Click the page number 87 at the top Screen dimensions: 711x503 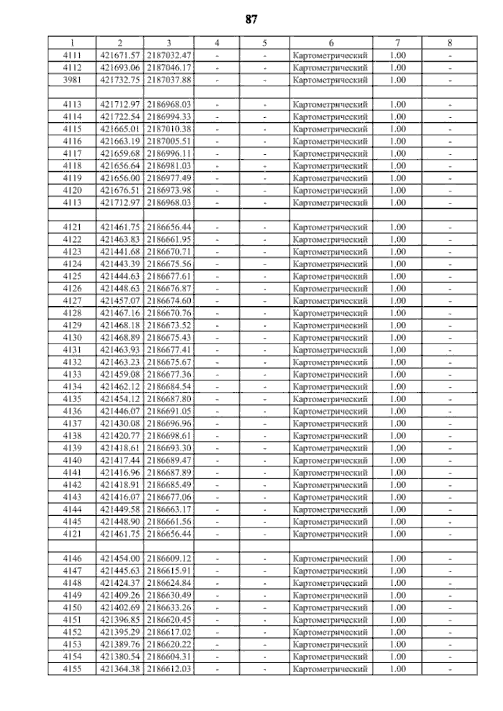pos(251,20)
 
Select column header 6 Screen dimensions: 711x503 pos(331,43)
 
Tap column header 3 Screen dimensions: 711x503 pos(169,43)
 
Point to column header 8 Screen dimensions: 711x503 pos(450,43)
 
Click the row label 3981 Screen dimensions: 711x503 pos(72,80)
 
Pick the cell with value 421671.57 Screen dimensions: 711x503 pos(120,55)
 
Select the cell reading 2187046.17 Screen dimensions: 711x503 pos(169,68)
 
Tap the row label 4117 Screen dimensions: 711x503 pos(72,154)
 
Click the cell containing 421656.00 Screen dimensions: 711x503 pos(120,178)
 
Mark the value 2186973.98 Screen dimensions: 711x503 pos(169,191)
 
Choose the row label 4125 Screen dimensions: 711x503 pos(72,276)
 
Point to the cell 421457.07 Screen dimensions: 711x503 pos(120,301)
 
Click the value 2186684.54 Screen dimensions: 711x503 pos(169,387)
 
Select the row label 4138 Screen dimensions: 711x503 pos(72,436)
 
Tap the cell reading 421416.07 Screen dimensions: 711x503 pos(120,497)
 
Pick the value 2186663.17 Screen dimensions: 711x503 pos(169,509)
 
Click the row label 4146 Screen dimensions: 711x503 pos(72,558)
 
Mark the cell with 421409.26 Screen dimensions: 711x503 pos(120,595)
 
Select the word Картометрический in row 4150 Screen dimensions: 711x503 pos(330,608)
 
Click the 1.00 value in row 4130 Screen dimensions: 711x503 pos(397,338)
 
